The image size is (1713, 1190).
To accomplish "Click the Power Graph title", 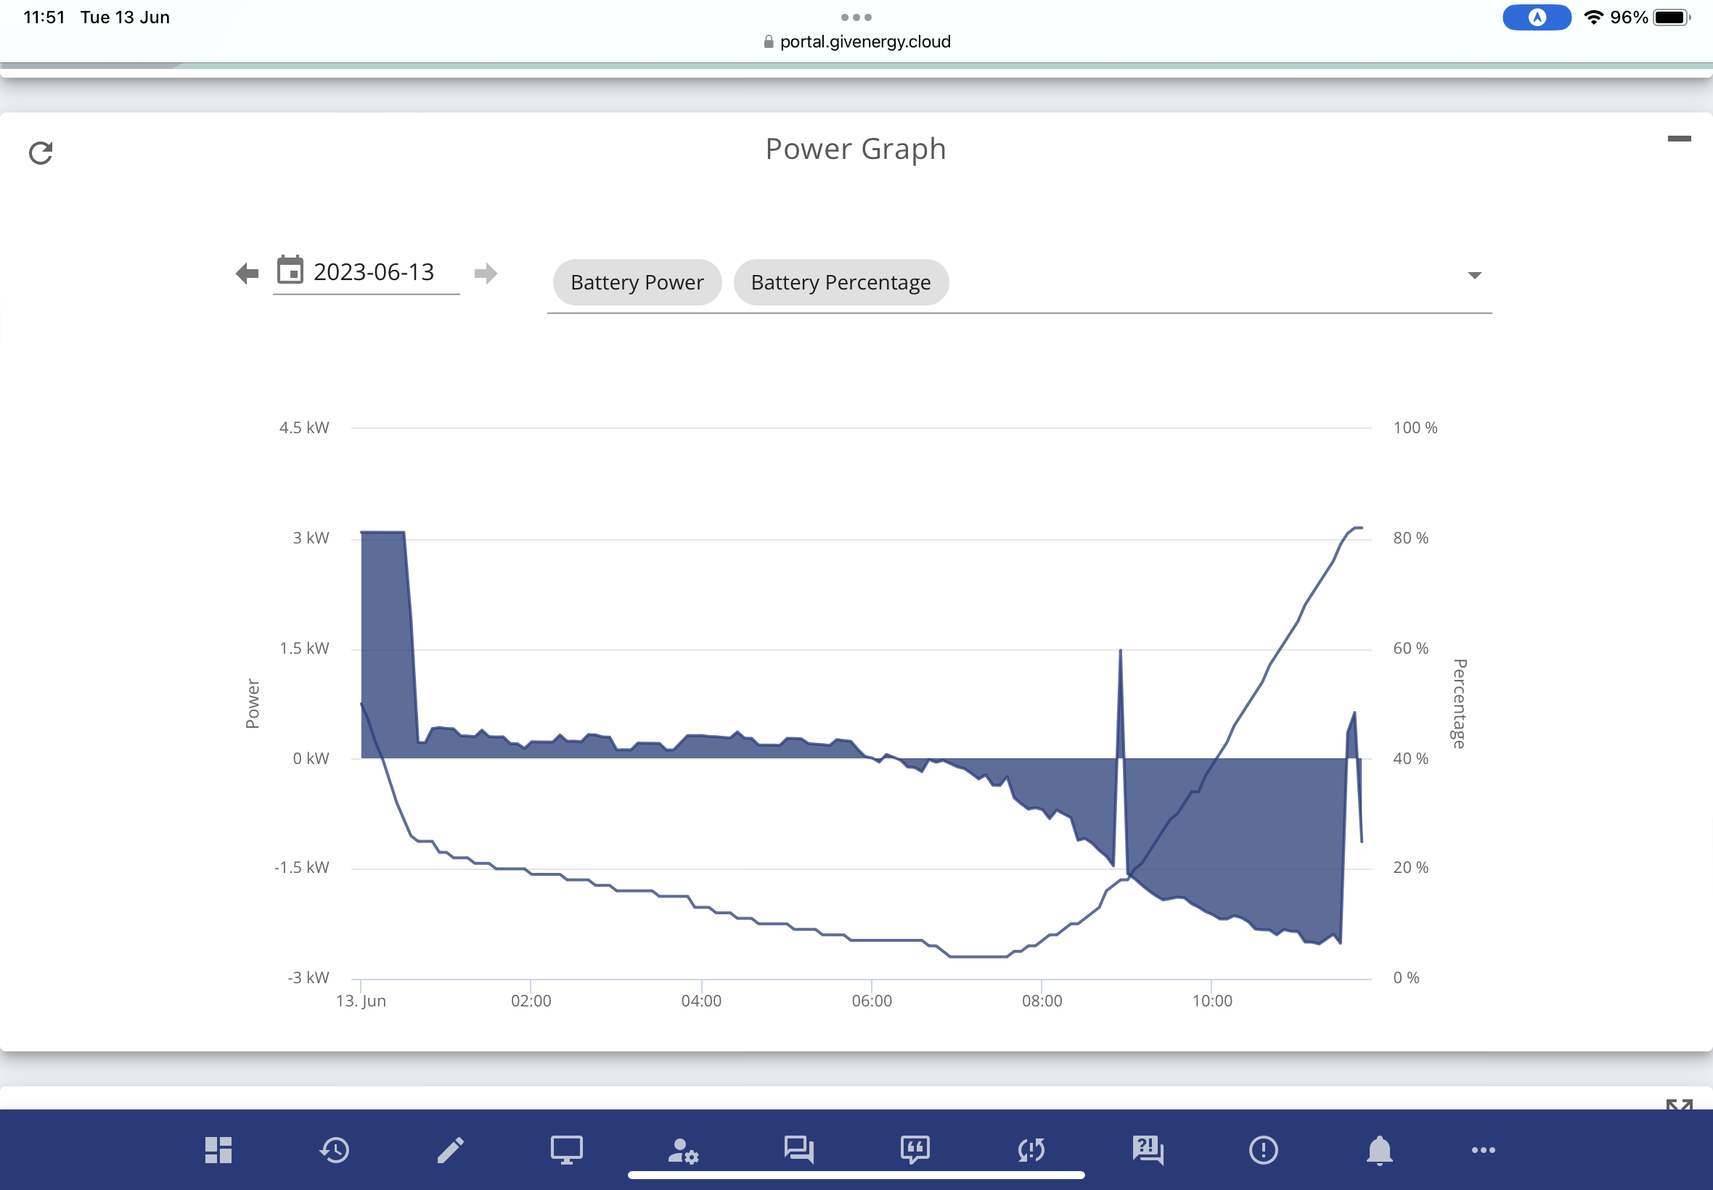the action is (x=855, y=150).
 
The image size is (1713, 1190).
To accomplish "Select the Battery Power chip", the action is (x=637, y=282).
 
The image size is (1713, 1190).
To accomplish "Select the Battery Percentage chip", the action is (x=841, y=282).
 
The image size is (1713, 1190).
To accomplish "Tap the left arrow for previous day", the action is (x=247, y=273).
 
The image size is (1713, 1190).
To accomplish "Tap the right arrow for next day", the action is (x=486, y=273).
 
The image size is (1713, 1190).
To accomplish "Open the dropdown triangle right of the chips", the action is (x=1473, y=275).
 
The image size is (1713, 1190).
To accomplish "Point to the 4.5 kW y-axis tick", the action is (x=304, y=427).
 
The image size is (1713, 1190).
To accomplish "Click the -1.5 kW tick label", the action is (x=301, y=867).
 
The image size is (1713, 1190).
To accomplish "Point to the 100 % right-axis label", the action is (x=1415, y=427).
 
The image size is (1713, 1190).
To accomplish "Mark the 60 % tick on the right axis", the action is (x=1410, y=648).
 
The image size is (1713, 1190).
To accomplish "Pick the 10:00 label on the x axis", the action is (x=1212, y=1001).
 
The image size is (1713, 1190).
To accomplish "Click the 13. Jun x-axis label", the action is (x=361, y=1001).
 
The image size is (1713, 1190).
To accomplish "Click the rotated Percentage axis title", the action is (x=1460, y=703).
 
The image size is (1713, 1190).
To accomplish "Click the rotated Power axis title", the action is (x=253, y=703).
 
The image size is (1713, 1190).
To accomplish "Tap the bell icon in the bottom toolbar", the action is (x=1379, y=1150).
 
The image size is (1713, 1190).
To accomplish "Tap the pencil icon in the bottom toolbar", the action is (x=451, y=1150).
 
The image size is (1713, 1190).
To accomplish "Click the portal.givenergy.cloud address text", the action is (x=865, y=42).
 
